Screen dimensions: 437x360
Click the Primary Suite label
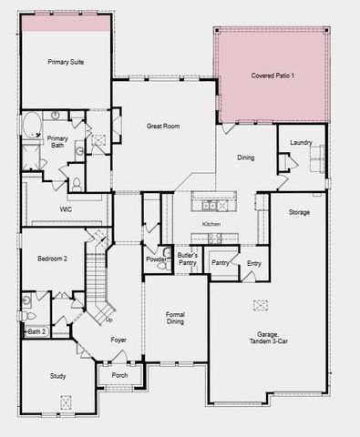(66, 62)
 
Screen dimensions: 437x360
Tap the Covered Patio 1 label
(273, 75)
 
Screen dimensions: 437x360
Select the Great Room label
(164, 127)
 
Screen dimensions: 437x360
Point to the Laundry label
(302, 143)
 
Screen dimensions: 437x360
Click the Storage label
(299, 212)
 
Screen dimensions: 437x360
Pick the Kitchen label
(211, 223)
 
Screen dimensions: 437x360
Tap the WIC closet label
(66, 208)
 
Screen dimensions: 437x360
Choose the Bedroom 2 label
(53, 259)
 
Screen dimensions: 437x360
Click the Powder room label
(155, 259)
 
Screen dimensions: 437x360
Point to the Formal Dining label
(175, 319)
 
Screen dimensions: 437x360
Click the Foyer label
(118, 340)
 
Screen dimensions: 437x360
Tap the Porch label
(119, 375)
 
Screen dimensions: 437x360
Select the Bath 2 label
(36, 331)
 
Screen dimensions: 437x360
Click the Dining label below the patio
(246, 158)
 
